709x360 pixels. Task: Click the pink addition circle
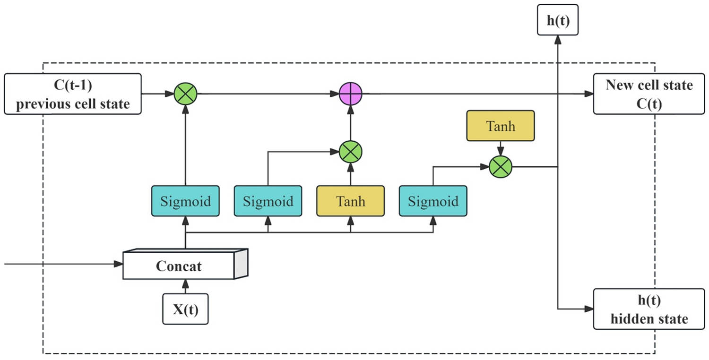pyautogui.click(x=351, y=94)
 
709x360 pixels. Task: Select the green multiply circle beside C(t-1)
pyautogui.click(x=185, y=94)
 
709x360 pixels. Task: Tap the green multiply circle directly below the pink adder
pyautogui.click(x=351, y=152)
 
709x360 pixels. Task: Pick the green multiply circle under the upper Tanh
pyautogui.click(x=501, y=167)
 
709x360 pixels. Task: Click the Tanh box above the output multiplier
pyautogui.click(x=501, y=126)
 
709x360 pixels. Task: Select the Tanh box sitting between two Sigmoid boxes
pyautogui.click(x=350, y=201)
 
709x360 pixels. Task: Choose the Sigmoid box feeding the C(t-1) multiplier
pyautogui.click(x=185, y=201)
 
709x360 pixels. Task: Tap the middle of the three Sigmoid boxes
pyautogui.click(x=268, y=201)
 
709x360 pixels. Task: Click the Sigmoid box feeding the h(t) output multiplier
pyautogui.click(x=433, y=201)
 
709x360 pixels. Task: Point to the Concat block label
pyautogui.click(x=179, y=266)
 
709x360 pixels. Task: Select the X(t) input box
pyautogui.click(x=185, y=309)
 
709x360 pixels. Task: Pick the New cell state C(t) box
pyautogui.click(x=649, y=94)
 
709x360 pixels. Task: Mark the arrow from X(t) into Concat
pyautogui.click(x=185, y=286)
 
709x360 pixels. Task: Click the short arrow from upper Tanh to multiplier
pyautogui.click(x=501, y=148)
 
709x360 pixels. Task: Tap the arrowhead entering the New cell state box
pyautogui.click(x=588, y=94)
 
